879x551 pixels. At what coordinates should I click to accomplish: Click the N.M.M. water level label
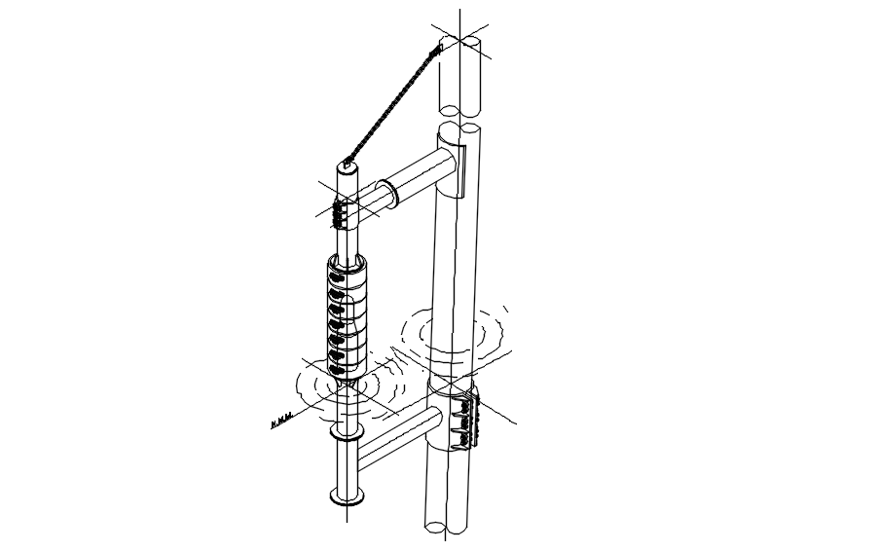280,423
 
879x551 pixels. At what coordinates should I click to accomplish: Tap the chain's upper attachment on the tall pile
439,45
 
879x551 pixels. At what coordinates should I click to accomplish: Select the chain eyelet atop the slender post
347,162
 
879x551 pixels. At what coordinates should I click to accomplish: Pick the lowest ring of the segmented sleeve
348,367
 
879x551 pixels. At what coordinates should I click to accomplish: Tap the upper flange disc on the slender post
347,432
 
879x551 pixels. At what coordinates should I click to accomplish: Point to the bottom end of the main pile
447,531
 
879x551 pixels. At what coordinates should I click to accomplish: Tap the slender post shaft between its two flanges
348,467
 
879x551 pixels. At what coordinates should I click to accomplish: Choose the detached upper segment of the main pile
458,78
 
